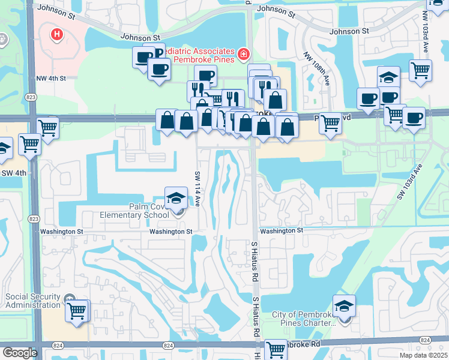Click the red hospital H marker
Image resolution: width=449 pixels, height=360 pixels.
(57, 35)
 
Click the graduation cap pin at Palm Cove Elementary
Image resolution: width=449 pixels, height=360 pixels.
(175, 199)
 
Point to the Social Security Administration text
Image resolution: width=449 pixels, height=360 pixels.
(33, 301)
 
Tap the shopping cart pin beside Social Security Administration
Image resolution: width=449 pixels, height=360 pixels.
(77, 311)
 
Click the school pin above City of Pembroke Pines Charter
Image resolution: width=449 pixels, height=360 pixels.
(344, 306)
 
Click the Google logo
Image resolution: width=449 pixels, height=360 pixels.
(20, 353)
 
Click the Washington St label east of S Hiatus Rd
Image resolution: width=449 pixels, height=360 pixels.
(282, 230)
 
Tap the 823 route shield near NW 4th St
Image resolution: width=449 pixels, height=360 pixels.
(29, 97)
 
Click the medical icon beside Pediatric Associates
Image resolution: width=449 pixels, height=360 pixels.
(244, 55)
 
